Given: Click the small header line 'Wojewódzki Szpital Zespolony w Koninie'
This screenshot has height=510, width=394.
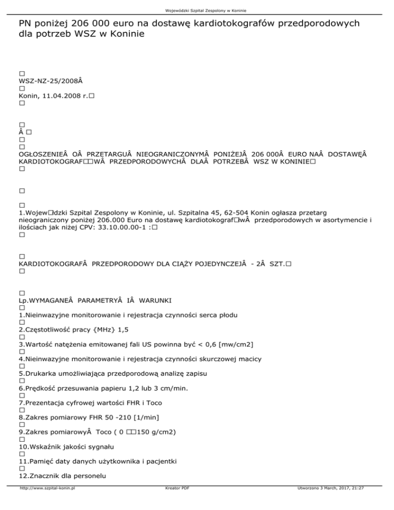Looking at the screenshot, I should [196, 5].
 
